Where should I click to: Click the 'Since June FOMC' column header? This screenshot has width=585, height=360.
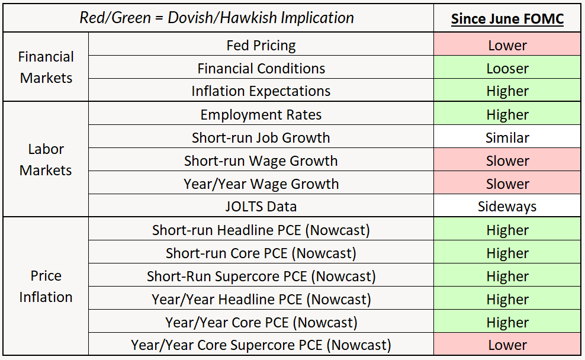point(507,18)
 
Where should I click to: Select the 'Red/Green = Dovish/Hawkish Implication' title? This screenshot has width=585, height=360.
point(217,18)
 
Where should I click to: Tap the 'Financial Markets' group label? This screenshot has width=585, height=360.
point(46,67)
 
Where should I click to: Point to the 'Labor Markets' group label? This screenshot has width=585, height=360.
point(46,160)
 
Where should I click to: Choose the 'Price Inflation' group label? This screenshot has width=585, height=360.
point(46,287)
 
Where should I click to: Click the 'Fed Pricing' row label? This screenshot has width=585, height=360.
point(261,45)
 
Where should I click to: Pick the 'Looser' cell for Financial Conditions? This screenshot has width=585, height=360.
point(507,68)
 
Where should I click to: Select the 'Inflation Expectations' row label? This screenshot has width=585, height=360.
point(261,91)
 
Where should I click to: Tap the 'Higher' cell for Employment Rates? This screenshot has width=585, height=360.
point(507,114)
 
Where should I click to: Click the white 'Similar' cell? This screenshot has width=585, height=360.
point(507,137)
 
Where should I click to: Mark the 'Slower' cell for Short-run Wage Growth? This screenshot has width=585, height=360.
point(507,160)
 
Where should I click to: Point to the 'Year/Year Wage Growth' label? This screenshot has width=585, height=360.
point(261,184)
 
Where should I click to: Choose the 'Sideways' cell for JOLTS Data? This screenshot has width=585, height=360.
point(507,207)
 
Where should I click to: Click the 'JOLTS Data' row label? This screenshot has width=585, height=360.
point(261,207)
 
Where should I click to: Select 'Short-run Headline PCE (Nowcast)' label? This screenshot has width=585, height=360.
point(261,230)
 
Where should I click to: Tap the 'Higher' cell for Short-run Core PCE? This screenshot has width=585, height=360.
point(507,253)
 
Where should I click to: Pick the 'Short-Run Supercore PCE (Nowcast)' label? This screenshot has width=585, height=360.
point(261,276)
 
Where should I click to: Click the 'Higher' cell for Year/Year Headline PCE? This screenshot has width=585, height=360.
point(507,299)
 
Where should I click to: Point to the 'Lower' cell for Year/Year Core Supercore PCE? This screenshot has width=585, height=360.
point(507,345)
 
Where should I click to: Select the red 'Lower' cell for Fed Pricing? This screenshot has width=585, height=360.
point(507,45)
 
